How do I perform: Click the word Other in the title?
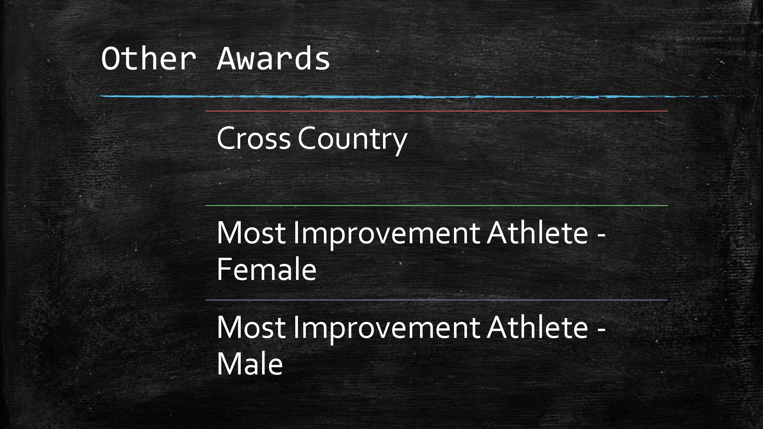(149, 59)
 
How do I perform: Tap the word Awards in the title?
(274, 59)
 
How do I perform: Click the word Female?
(267, 270)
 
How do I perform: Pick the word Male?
(250, 364)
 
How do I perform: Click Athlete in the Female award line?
(538, 232)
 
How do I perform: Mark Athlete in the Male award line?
(538, 327)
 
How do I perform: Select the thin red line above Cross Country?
(437, 111)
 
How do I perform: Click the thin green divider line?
(437, 206)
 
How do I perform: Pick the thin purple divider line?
(437, 300)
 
